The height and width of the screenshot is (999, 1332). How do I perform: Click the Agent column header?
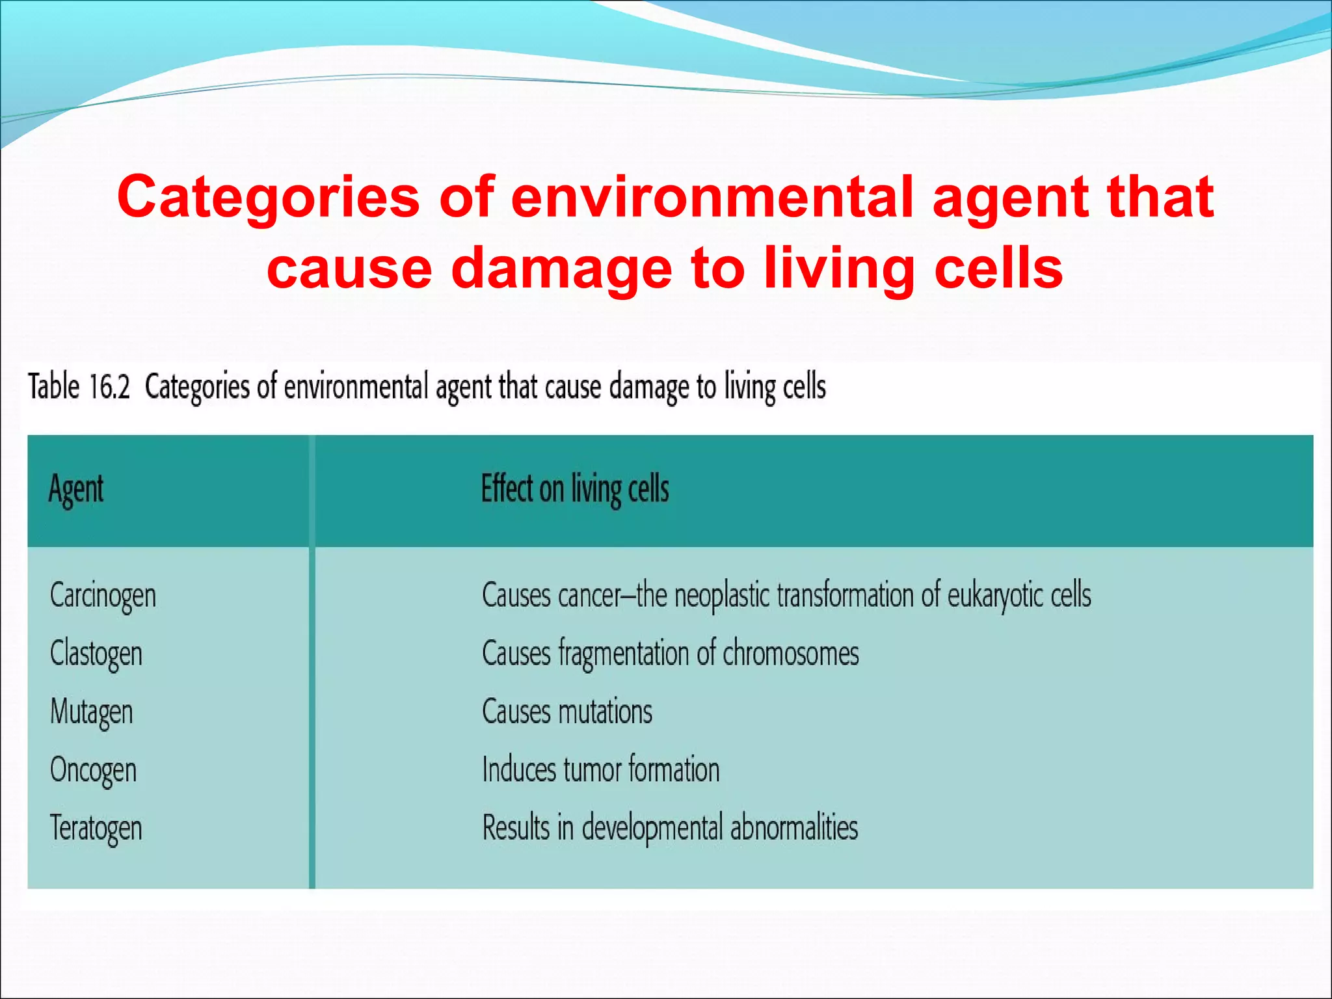(x=76, y=489)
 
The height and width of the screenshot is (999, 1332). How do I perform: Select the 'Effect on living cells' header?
(x=574, y=489)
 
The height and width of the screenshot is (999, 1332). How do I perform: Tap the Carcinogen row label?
(x=103, y=595)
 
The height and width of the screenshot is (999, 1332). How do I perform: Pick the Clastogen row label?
(x=96, y=653)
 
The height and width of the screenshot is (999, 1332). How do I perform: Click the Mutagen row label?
(x=91, y=712)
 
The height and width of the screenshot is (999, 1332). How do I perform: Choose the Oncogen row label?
(x=93, y=770)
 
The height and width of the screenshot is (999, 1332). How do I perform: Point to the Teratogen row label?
(x=96, y=828)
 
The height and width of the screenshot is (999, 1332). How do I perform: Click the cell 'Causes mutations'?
(x=566, y=711)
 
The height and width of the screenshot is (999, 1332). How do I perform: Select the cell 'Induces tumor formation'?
(x=600, y=769)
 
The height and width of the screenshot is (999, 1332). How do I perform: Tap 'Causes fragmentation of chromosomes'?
(x=670, y=653)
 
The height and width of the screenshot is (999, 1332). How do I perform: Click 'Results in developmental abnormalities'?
(x=670, y=827)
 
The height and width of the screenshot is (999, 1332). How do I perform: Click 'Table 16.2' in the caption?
(x=79, y=386)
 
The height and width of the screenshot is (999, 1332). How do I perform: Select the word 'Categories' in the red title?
(x=268, y=196)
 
